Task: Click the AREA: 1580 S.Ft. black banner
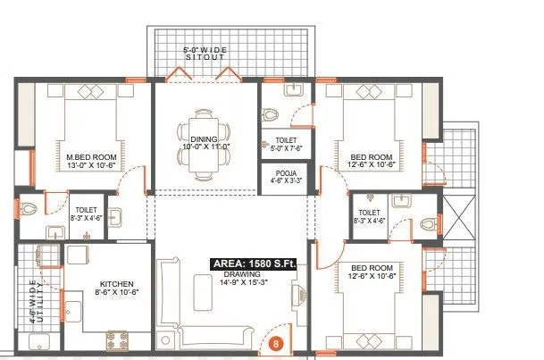(253, 264)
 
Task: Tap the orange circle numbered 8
(276, 342)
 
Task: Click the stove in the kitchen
(117, 339)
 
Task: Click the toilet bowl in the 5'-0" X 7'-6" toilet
(269, 113)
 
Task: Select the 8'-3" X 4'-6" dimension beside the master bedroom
(86, 214)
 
